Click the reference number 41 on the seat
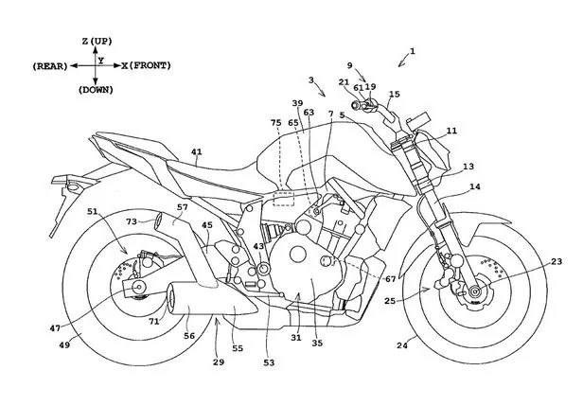tap(197, 151)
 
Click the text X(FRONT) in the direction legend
tap(148, 65)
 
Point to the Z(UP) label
tap(98, 43)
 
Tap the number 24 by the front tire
tap(401, 345)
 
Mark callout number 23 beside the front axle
tap(556, 262)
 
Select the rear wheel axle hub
tap(140, 286)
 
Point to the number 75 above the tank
tap(275, 123)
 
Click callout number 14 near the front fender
tap(475, 188)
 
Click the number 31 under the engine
tap(295, 338)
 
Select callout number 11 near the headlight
tap(451, 131)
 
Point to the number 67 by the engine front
tap(391, 278)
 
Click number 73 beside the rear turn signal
tap(132, 221)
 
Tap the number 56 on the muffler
tap(189, 336)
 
